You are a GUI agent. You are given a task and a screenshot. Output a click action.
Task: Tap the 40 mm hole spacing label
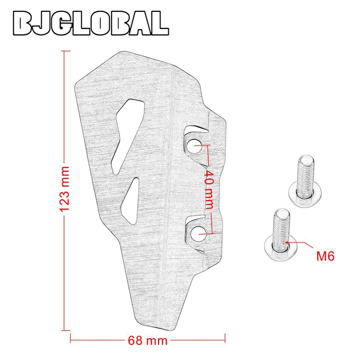(x=209, y=189)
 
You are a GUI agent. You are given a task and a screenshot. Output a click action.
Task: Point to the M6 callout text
(x=325, y=256)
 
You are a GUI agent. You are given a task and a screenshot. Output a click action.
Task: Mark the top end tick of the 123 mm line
(x=64, y=51)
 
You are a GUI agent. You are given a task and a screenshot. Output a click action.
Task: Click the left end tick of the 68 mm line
(x=71, y=339)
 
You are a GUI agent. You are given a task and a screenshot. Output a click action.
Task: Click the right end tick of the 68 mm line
(x=225, y=339)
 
